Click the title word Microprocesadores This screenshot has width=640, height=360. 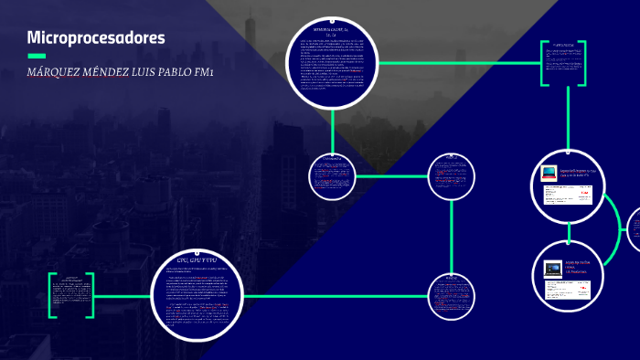96,37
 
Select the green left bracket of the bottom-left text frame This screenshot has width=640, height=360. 51,296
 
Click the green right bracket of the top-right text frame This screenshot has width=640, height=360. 582,63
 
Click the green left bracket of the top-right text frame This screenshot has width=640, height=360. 544,63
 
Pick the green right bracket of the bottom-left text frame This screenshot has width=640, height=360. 91,296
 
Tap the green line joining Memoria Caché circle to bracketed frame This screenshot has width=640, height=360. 457,63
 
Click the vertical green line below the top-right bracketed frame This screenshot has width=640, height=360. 568,119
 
